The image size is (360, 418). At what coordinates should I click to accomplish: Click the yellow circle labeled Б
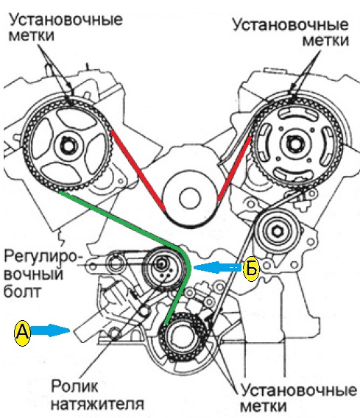coord(251,269)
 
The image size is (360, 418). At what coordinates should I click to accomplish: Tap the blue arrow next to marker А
coord(50,331)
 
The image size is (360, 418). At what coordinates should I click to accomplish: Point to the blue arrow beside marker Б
coord(218,268)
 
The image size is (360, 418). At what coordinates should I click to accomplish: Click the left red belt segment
coord(138,170)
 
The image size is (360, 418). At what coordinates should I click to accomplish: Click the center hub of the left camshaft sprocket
coord(68,146)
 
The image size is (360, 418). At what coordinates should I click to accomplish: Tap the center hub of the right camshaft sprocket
coord(294,144)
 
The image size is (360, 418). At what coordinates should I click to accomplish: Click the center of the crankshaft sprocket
coord(183,336)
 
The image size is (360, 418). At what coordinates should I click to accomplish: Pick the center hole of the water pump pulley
coord(190,199)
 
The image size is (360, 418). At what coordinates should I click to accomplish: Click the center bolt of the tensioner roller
coord(160,264)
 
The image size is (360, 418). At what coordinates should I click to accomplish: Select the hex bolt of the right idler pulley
coord(277,231)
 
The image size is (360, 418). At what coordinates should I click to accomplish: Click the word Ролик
coord(74,386)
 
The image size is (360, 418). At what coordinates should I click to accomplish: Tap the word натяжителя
coord(97,404)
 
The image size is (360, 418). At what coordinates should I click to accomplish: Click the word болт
coord(22,291)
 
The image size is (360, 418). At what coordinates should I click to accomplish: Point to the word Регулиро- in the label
coord(43,256)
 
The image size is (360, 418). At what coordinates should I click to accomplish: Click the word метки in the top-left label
coord(32,36)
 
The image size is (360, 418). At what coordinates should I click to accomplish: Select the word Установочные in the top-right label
coord(291,26)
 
